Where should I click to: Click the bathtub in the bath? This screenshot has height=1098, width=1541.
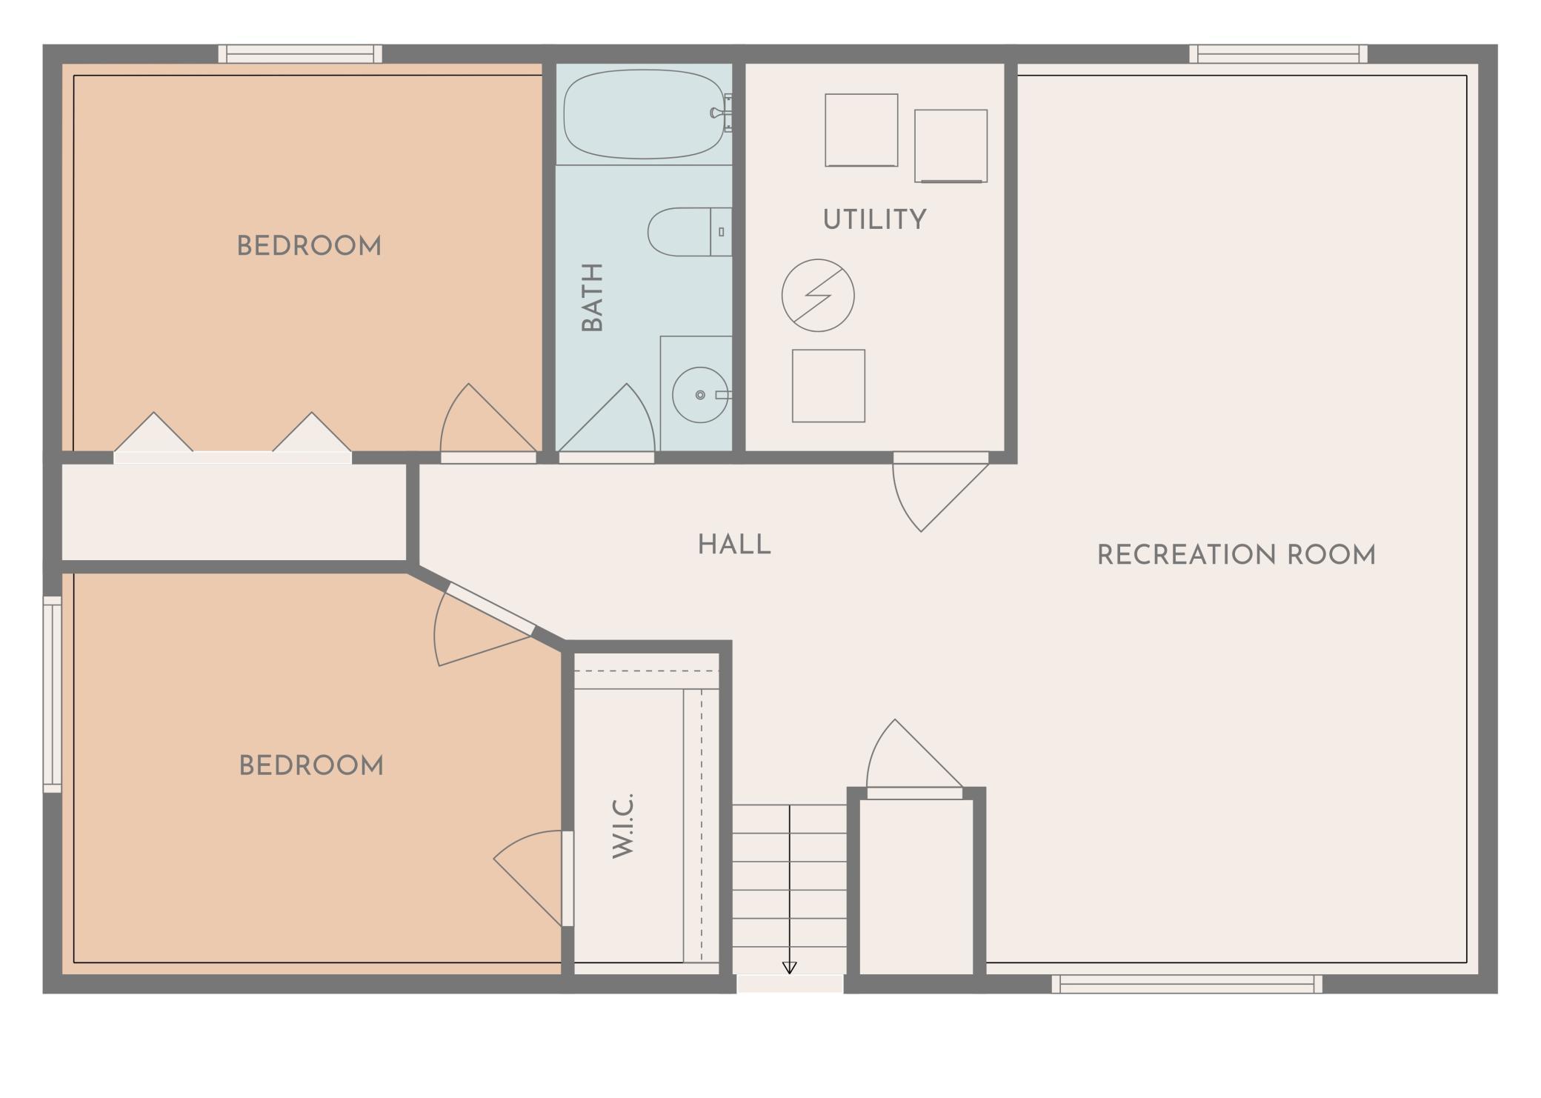(x=643, y=114)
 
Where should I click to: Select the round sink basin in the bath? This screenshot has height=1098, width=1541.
(x=699, y=395)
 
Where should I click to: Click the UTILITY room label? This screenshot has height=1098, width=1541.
(x=874, y=219)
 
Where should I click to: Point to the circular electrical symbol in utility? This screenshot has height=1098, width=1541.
(x=818, y=295)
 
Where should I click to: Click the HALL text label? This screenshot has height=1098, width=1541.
(x=734, y=545)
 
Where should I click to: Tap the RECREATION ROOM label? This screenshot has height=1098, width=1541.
(x=1236, y=555)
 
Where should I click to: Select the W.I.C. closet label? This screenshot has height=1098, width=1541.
(x=624, y=825)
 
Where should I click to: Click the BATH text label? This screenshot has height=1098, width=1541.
(x=592, y=297)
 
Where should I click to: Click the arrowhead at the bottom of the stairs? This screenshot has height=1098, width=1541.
(x=790, y=968)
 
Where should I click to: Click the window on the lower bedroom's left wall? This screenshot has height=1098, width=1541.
(x=52, y=693)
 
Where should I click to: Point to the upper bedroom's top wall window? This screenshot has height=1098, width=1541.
(x=300, y=54)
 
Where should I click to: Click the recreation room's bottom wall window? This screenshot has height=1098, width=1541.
(x=1187, y=984)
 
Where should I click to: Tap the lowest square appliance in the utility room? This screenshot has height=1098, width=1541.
(x=828, y=386)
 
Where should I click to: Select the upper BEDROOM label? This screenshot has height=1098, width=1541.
(x=309, y=246)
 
